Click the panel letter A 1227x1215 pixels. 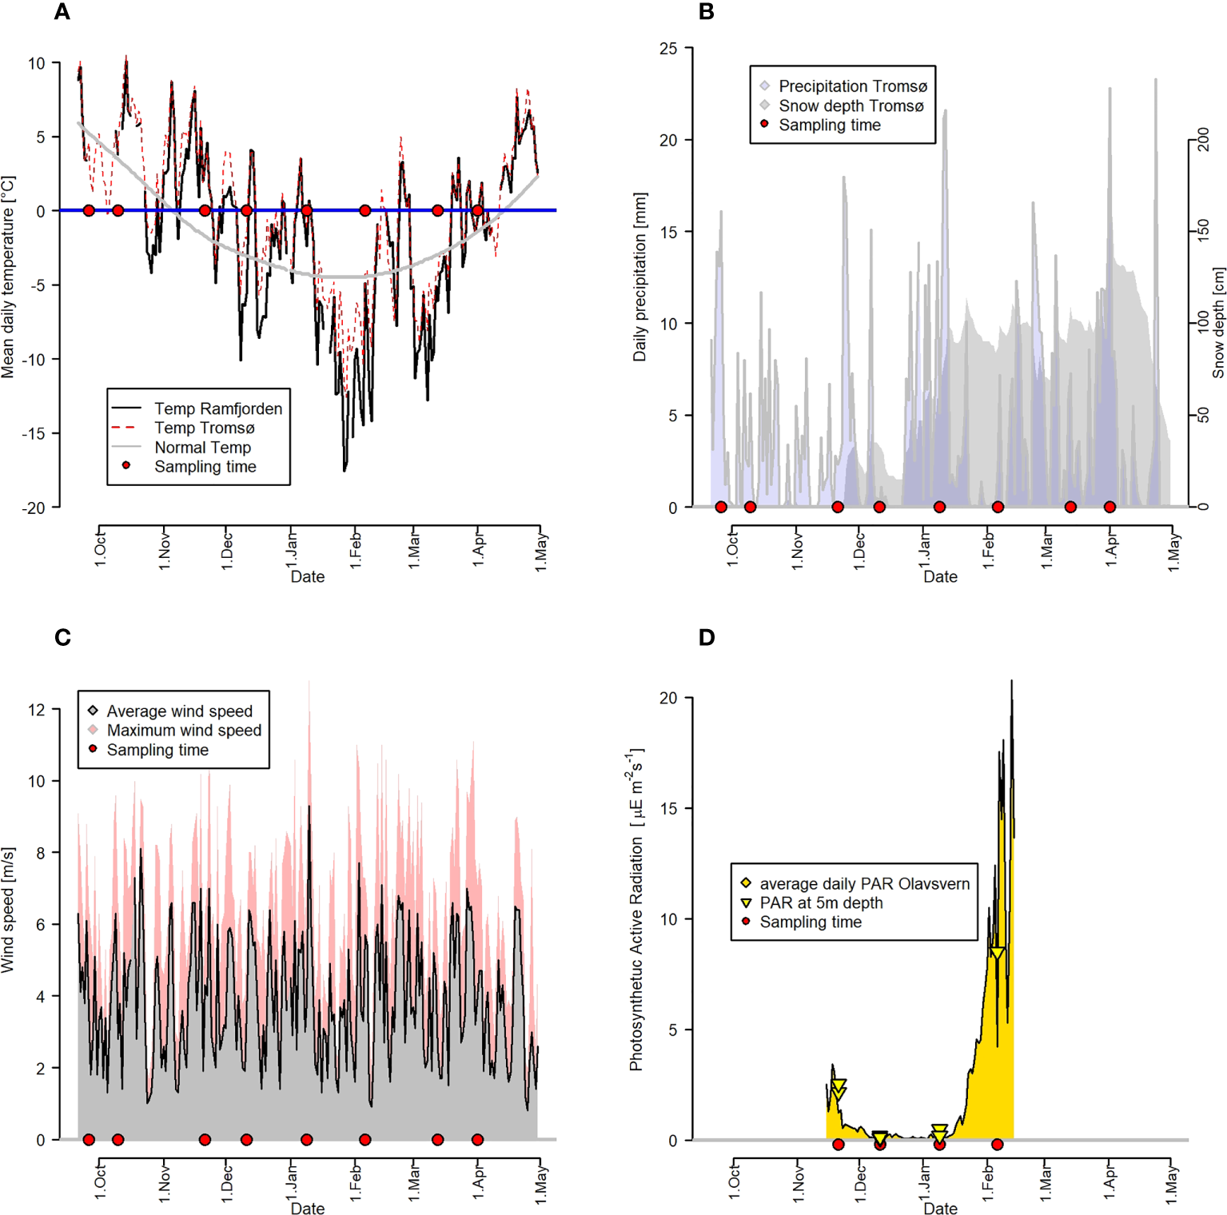coord(62,12)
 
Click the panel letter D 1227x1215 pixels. coord(707,637)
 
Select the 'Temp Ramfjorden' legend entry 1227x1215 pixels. coord(217,408)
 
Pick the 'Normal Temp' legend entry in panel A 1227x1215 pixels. coord(202,448)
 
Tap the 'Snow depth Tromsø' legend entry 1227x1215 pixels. coord(851,106)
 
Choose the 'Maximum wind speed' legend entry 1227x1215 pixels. coord(184,730)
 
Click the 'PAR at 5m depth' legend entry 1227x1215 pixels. coord(821,902)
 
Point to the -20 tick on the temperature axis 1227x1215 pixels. coord(34,508)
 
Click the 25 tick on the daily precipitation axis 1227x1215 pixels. coord(668,49)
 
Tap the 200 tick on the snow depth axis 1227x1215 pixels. coord(1204,139)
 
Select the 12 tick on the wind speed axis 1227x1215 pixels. coord(37,709)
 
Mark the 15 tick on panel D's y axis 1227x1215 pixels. coord(668,808)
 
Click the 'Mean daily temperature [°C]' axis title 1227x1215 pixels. coord(9,277)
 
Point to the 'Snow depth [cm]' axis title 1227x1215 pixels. coord(1218,323)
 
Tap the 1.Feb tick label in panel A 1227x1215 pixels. coord(356,549)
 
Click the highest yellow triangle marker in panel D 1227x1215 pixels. coord(997,953)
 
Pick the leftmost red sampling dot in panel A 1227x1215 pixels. coord(89,210)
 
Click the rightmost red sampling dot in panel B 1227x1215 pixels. coord(1109,507)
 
